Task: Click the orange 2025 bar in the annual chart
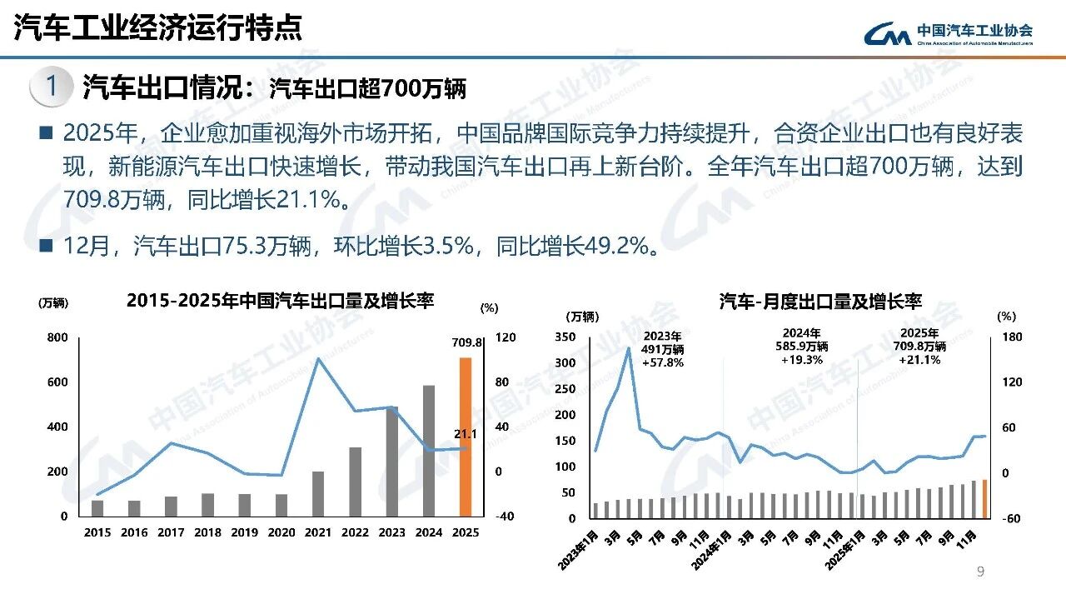(x=466, y=437)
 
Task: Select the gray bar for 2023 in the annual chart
(x=391, y=462)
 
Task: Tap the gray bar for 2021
(x=317, y=493)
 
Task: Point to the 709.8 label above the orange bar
(x=468, y=342)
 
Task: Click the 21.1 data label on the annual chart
(x=465, y=433)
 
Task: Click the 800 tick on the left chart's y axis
(x=57, y=337)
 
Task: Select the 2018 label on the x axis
(x=207, y=532)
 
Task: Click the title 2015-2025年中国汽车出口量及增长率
(x=280, y=301)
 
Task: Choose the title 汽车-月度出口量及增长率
(x=820, y=302)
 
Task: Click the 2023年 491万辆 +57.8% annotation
(x=663, y=347)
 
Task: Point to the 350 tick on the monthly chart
(x=565, y=337)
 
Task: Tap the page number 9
(x=980, y=572)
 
